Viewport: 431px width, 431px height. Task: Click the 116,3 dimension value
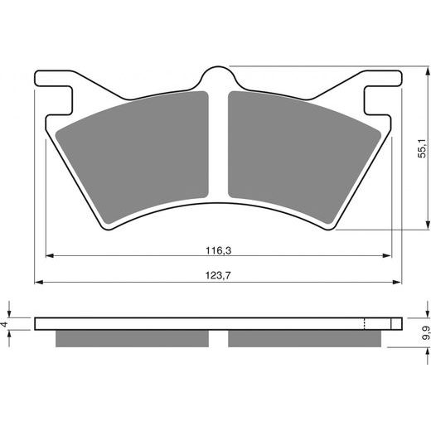(x=219, y=248)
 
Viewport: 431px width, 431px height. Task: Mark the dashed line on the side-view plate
(x=366, y=323)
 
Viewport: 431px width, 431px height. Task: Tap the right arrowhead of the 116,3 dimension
(x=387, y=256)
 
